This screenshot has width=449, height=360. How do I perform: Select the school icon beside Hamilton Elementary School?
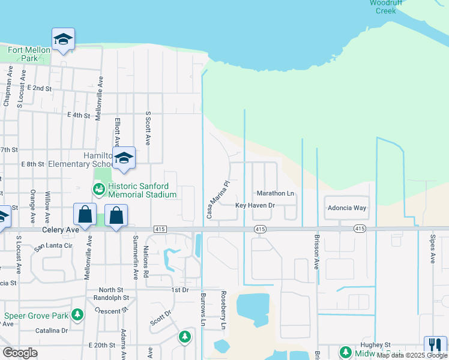pos(124,158)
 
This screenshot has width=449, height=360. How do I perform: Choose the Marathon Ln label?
pos(276,194)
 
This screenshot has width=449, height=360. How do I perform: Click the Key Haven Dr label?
pos(255,205)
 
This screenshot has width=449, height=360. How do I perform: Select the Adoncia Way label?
pos(346,208)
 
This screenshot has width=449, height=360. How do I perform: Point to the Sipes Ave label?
pos(432,249)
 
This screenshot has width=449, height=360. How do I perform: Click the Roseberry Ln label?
pos(223,310)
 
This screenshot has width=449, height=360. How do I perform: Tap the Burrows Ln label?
pos(203,310)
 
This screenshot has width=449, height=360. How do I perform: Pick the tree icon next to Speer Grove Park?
pos(77,314)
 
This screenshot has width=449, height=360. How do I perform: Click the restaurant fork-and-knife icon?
pos(435,344)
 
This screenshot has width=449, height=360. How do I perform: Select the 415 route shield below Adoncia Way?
pos(359,229)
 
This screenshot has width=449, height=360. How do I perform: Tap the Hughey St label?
pos(375,344)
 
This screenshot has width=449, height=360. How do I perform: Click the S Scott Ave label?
pos(148,128)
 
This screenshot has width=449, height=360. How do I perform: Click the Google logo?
pos(20,353)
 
